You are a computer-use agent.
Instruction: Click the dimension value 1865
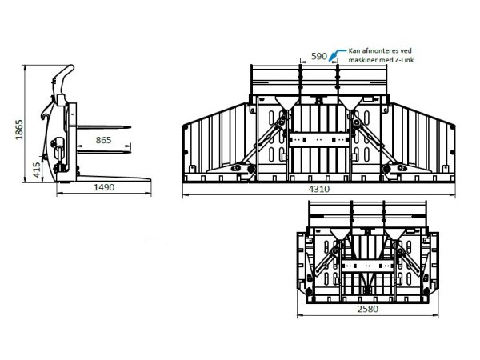[x=19, y=130]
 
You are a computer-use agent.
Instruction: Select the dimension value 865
[x=103, y=140]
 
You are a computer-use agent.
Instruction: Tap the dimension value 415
[x=37, y=170]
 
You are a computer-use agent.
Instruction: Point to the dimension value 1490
[x=104, y=187]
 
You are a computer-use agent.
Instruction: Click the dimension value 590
[x=319, y=56]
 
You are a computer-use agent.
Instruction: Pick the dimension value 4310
[x=319, y=189]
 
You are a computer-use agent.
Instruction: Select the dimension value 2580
[x=368, y=309]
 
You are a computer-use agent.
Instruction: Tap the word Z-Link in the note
[x=403, y=60]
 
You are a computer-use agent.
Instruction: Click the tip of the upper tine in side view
[x=130, y=127]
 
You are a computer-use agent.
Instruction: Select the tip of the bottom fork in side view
[x=151, y=180]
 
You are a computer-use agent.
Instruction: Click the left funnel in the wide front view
[x=287, y=103]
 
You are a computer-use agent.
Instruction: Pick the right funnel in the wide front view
[x=351, y=103]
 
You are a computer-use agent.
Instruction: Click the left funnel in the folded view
[x=341, y=234]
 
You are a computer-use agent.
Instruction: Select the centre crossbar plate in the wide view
[x=319, y=140]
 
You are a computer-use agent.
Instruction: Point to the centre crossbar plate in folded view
[x=367, y=266]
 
